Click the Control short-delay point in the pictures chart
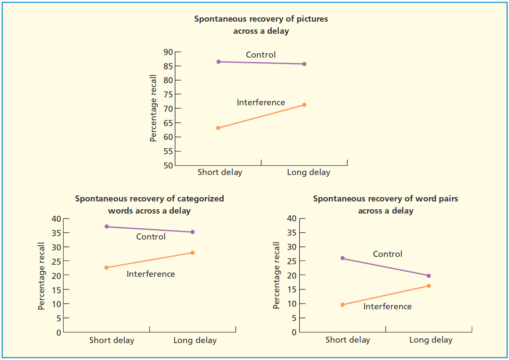[x=219, y=62]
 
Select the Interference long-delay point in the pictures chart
[x=304, y=105]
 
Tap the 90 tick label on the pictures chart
[x=168, y=52]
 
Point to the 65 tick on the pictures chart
[x=168, y=123]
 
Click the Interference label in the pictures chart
[x=261, y=103]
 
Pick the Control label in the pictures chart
[x=261, y=55]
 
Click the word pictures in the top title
[x=311, y=19]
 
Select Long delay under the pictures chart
[x=308, y=172]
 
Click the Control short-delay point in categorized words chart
[x=107, y=227]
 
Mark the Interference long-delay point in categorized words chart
[x=193, y=253]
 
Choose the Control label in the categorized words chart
[x=151, y=237]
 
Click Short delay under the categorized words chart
[x=112, y=341]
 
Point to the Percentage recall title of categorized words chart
[x=42, y=276]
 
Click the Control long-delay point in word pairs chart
[x=429, y=276]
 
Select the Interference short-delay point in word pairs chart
[x=343, y=305]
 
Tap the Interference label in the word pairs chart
[x=388, y=307]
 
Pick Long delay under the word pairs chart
[x=431, y=340]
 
